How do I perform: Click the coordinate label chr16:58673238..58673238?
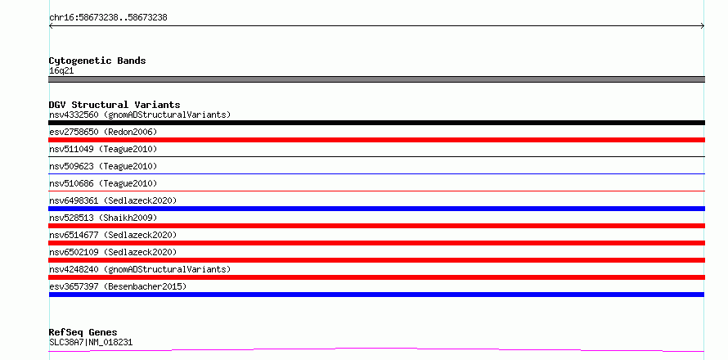[x=108, y=18]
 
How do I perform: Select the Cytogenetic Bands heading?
[x=97, y=61]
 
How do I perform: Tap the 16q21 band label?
[x=61, y=71]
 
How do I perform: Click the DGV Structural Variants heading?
[x=115, y=105]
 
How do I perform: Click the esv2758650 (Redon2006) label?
[x=103, y=132]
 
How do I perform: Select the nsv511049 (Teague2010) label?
[x=103, y=149]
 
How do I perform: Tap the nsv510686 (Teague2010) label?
[x=103, y=183]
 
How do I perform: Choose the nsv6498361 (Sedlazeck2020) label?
[x=113, y=200]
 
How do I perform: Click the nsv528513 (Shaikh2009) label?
[x=103, y=218]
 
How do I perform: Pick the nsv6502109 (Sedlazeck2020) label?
[x=113, y=252]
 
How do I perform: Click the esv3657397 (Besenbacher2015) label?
[x=118, y=286]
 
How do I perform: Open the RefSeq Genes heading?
[x=83, y=333]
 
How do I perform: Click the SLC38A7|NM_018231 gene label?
[x=91, y=343]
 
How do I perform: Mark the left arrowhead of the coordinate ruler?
[x=50, y=26]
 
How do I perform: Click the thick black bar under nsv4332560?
[x=376, y=123]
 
